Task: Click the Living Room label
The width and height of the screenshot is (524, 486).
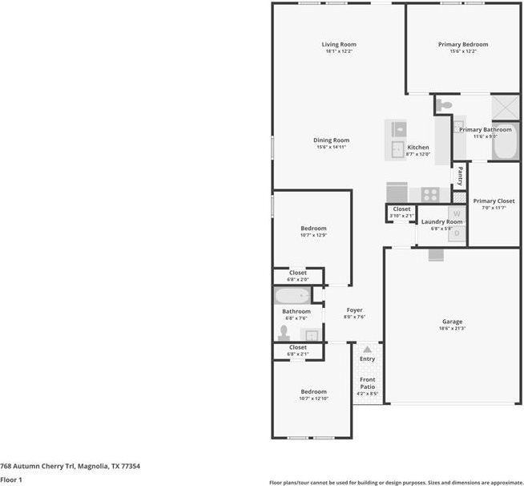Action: [x=339, y=44]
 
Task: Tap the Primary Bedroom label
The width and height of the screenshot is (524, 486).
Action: [x=462, y=44]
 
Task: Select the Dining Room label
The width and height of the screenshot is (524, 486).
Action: [x=331, y=140]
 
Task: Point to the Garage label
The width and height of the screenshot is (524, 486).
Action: [x=452, y=321]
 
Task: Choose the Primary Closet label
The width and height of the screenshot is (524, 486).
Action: [x=494, y=201]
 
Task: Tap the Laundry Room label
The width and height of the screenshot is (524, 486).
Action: [x=442, y=221]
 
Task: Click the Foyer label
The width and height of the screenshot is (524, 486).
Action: [x=354, y=310]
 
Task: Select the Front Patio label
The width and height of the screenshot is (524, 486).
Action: [x=367, y=384]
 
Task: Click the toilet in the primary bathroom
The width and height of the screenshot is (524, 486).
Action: [x=446, y=105]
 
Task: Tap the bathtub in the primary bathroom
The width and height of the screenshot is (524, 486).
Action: [x=505, y=143]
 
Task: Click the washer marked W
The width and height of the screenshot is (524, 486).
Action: [x=456, y=214]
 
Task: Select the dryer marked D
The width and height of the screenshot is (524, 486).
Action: [x=457, y=232]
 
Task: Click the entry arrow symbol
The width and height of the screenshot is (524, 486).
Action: [x=367, y=350]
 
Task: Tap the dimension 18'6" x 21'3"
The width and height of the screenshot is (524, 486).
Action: [x=452, y=329]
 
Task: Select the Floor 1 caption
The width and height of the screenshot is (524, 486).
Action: [x=11, y=480]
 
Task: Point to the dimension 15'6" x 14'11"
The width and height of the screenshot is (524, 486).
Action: [x=331, y=148]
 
